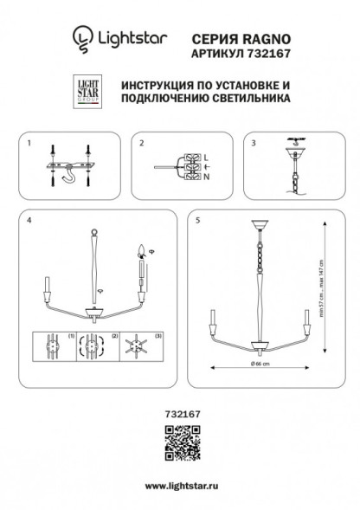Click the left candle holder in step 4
coord(45,287)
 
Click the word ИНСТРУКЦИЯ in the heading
coord(160,87)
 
